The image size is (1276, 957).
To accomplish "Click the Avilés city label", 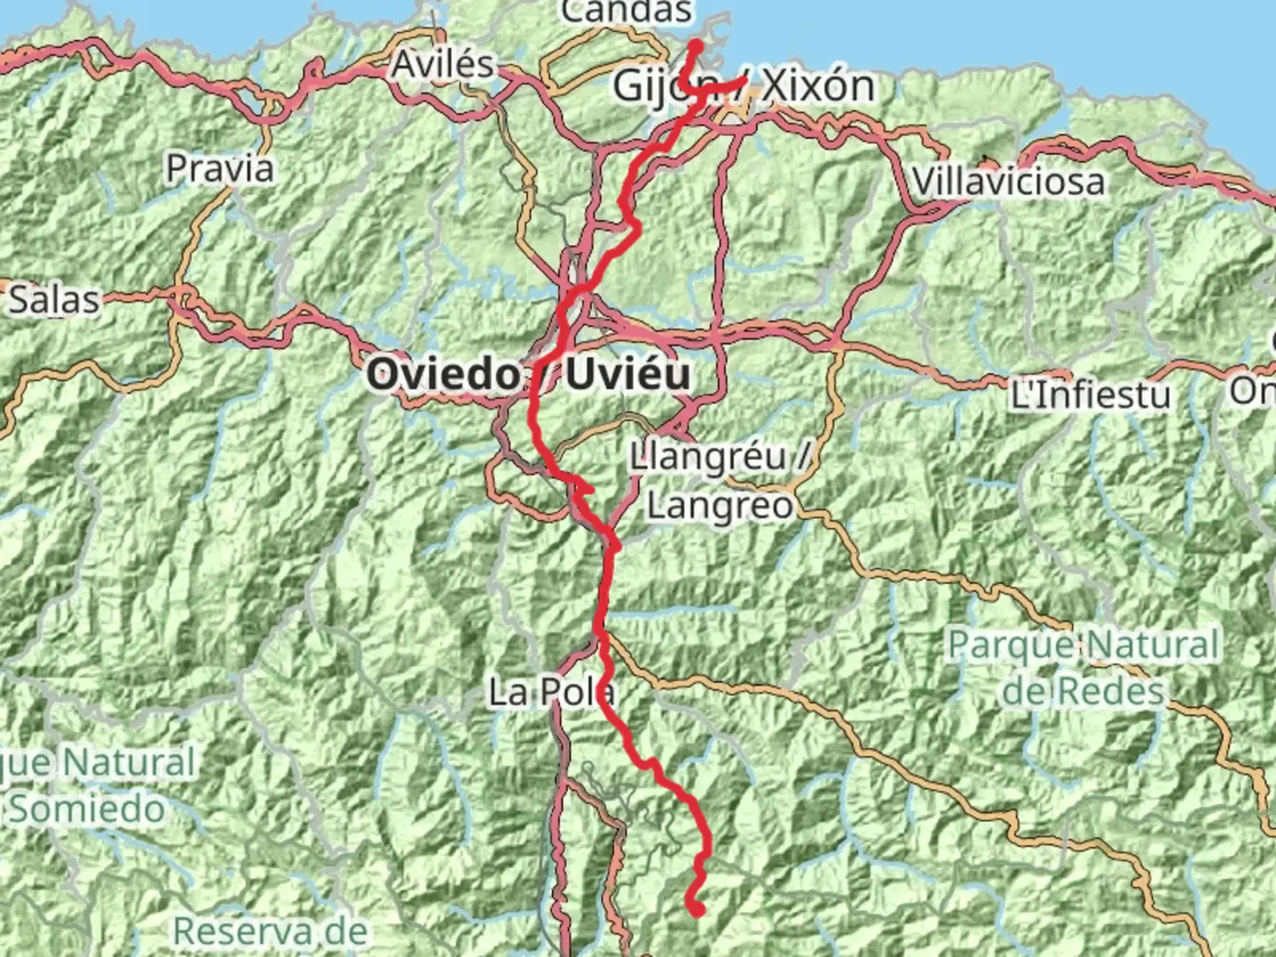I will (x=443, y=65).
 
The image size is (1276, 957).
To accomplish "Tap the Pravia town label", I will (x=220, y=168).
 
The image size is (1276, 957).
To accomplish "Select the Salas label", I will (x=54, y=300).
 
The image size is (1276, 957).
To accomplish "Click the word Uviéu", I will (x=627, y=375).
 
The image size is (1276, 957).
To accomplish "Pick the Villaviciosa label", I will (x=1008, y=183).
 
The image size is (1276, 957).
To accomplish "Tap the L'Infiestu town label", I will (x=1090, y=394).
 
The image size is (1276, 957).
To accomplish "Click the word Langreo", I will (x=720, y=506).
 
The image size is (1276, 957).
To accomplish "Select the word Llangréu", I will (x=708, y=458).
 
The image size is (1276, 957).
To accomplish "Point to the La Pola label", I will (x=551, y=692).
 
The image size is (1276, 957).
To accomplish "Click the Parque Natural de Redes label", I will (x=1084, y=667).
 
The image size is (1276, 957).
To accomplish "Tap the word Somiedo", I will (x=87, y=809).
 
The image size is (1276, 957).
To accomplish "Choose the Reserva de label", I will (x=270, y=931).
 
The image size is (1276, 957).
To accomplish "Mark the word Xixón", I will (x=818, y=86).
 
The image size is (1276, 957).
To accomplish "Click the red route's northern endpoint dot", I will (x=696, y=46).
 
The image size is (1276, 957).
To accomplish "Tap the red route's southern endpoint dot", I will (x=696, y=907).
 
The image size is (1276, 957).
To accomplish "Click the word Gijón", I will (x=656, y=87).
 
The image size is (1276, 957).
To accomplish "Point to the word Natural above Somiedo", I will (x=129, y=762).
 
